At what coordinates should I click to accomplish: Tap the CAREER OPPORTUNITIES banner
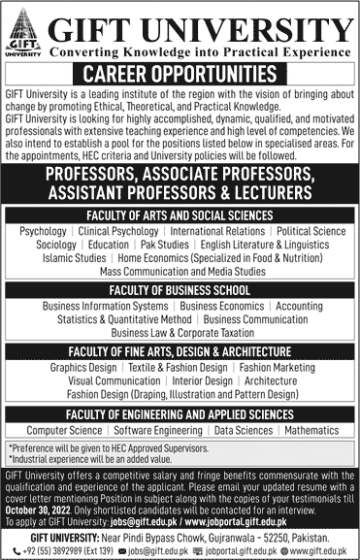(180, 72)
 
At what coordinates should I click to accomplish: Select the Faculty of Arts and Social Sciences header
(180, 215)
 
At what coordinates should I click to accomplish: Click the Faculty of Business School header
(180, 288)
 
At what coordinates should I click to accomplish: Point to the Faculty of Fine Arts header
(180, 349)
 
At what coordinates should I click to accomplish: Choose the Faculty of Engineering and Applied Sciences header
(180, 413)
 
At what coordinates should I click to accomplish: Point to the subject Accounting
(299, 305)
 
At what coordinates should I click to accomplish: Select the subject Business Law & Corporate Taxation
(180, 332)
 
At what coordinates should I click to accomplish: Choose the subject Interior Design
(204, 381)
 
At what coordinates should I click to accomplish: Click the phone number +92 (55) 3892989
(49, 547)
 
